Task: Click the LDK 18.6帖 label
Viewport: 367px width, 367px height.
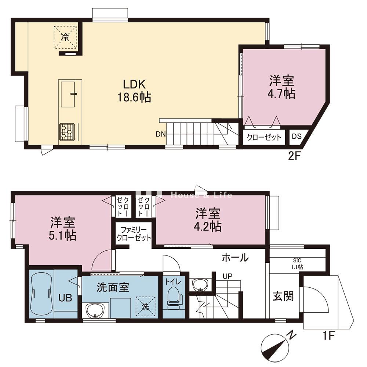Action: [134, 91]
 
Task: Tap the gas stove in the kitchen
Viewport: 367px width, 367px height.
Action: [67, 132]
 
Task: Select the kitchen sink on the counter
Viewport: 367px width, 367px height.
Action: [68, 94]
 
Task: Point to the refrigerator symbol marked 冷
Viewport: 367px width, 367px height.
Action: [65, 37]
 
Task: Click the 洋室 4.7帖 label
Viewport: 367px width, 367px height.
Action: [281, 87]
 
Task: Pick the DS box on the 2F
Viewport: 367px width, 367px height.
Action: [297, 137]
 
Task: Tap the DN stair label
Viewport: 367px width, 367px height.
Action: [161, 134]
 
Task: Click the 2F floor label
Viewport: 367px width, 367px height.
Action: [294, 156]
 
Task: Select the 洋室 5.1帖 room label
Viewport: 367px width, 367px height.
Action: [62, 229]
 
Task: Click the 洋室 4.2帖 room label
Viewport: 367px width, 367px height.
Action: [208, 220]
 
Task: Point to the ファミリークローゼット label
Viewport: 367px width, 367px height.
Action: [134, 234]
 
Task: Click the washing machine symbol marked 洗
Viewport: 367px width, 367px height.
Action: [145, 306]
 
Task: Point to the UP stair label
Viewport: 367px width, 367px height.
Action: [227, 276]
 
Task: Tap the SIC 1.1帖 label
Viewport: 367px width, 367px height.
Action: [297, 264]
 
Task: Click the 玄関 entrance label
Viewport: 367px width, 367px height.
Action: [283, 297]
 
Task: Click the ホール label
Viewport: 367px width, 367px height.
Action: [235, 258]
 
